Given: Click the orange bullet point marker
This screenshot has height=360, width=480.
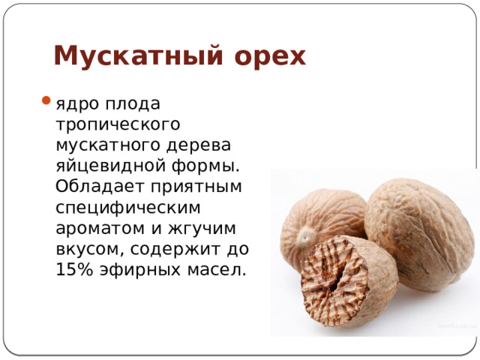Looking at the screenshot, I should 46,102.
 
